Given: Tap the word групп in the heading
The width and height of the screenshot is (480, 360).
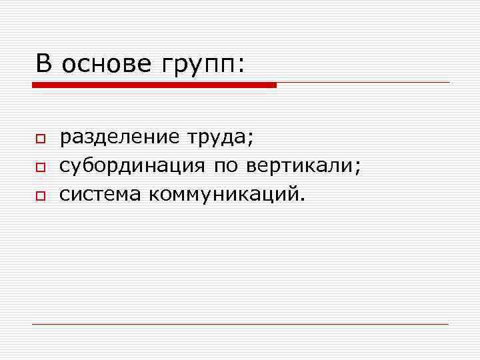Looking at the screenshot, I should point(197,67).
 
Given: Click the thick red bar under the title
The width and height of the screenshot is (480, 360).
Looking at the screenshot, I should point(154,85).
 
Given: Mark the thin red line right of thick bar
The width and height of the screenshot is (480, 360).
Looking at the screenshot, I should point(363,83).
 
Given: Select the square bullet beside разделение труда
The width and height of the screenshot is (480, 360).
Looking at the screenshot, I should point(40,139).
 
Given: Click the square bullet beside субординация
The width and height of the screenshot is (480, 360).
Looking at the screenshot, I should point(40,167).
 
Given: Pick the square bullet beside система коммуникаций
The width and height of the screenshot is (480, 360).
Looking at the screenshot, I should point(40,196).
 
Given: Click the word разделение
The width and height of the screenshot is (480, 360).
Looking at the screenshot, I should point(119,138).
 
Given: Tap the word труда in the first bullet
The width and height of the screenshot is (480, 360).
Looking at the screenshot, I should point(217,138).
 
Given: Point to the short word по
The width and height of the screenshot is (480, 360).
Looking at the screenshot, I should point(227,167).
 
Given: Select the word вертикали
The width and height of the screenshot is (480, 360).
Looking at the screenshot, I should point(300,166).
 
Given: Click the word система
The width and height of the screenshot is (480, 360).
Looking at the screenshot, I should point(100,194).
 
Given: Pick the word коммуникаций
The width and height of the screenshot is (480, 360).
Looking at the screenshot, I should point(223,195).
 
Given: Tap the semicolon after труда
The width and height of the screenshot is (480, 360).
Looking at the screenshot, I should point(251,140).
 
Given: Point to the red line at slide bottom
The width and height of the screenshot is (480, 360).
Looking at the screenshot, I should point(240,324).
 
